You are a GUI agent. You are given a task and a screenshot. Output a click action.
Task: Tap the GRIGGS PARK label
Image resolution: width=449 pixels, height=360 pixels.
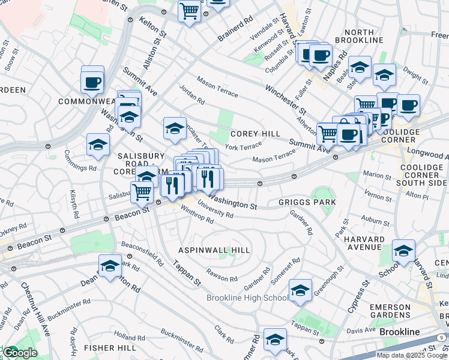pos(307,203)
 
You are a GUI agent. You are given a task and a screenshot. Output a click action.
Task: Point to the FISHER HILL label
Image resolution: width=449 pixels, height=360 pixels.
pos(107,347)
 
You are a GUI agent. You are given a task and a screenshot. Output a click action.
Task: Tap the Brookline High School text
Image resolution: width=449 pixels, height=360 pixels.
pos(247,298)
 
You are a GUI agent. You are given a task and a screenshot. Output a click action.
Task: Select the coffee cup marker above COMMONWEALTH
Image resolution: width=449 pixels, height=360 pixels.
pos(92,81)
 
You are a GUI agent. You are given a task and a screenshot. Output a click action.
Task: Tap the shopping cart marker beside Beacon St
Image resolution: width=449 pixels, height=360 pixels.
pos(142,191)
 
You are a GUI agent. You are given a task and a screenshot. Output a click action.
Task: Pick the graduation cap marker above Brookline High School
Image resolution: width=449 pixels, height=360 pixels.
pos(300,290)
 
